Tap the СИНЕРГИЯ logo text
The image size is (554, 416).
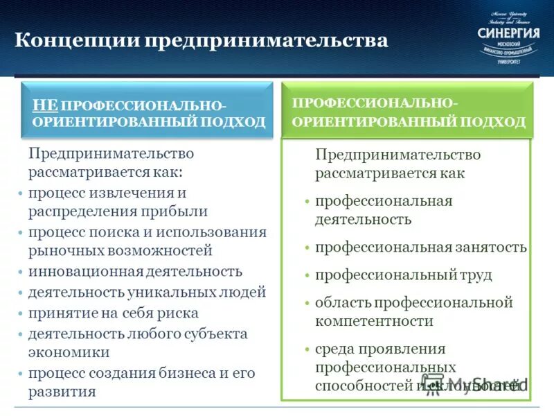tap(508, 33)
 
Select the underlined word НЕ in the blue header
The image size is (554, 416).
tap(45, 105)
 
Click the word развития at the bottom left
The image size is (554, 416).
tap(62, 392)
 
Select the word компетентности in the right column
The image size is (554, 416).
tap(374, 321)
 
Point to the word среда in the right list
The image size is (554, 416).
tap(335, 349)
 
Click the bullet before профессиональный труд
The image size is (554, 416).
tap(306, 275)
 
